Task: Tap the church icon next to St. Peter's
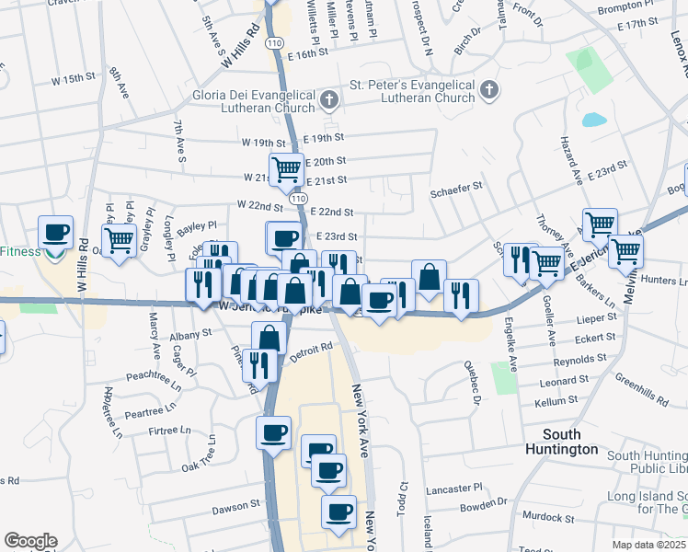489,90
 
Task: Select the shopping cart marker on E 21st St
286,169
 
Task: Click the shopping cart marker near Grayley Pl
119,240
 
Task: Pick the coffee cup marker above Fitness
55,231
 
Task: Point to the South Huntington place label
557,442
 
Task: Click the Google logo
30,540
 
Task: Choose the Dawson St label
236,507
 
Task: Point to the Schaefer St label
456,186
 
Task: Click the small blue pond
594,120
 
